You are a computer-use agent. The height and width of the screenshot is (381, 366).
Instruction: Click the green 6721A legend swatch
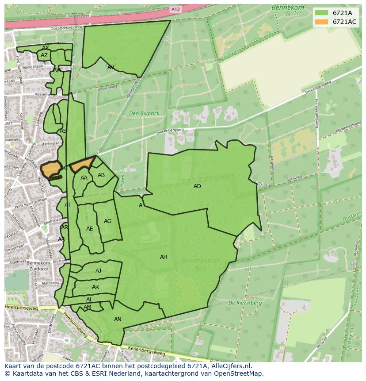(x=322, y=13)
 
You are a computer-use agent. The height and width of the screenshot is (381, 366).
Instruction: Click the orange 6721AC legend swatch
(x=322, y=22)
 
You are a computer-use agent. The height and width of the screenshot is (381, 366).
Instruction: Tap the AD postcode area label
(x=197, y=186)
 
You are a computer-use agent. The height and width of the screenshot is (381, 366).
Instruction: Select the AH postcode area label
(x=164, y=257)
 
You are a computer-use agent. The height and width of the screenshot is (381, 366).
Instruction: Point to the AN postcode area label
(x=118, y=319)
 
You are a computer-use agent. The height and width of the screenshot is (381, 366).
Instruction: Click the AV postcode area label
(x=111, y=67)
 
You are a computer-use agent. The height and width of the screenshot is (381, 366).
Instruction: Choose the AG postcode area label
(x=107, y=221)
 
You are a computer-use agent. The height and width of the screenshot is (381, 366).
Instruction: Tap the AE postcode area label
(x=90, y=229)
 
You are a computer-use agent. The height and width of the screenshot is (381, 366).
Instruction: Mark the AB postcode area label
(x=101, y=175)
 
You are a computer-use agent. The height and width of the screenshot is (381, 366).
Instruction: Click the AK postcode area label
(x=95, y=287)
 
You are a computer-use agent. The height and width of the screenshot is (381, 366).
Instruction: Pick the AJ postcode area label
(x=98, y=271)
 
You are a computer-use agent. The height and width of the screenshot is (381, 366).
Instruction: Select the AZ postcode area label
(x=44, y=55)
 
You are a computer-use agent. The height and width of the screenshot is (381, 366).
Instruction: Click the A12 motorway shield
(x=176, y=9)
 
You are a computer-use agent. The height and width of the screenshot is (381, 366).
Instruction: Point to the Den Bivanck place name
(x=144, y=114)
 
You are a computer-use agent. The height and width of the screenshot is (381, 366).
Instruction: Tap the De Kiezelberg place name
(x=245, y=303)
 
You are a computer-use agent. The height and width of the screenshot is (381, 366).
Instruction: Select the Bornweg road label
(x=293, y=180)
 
